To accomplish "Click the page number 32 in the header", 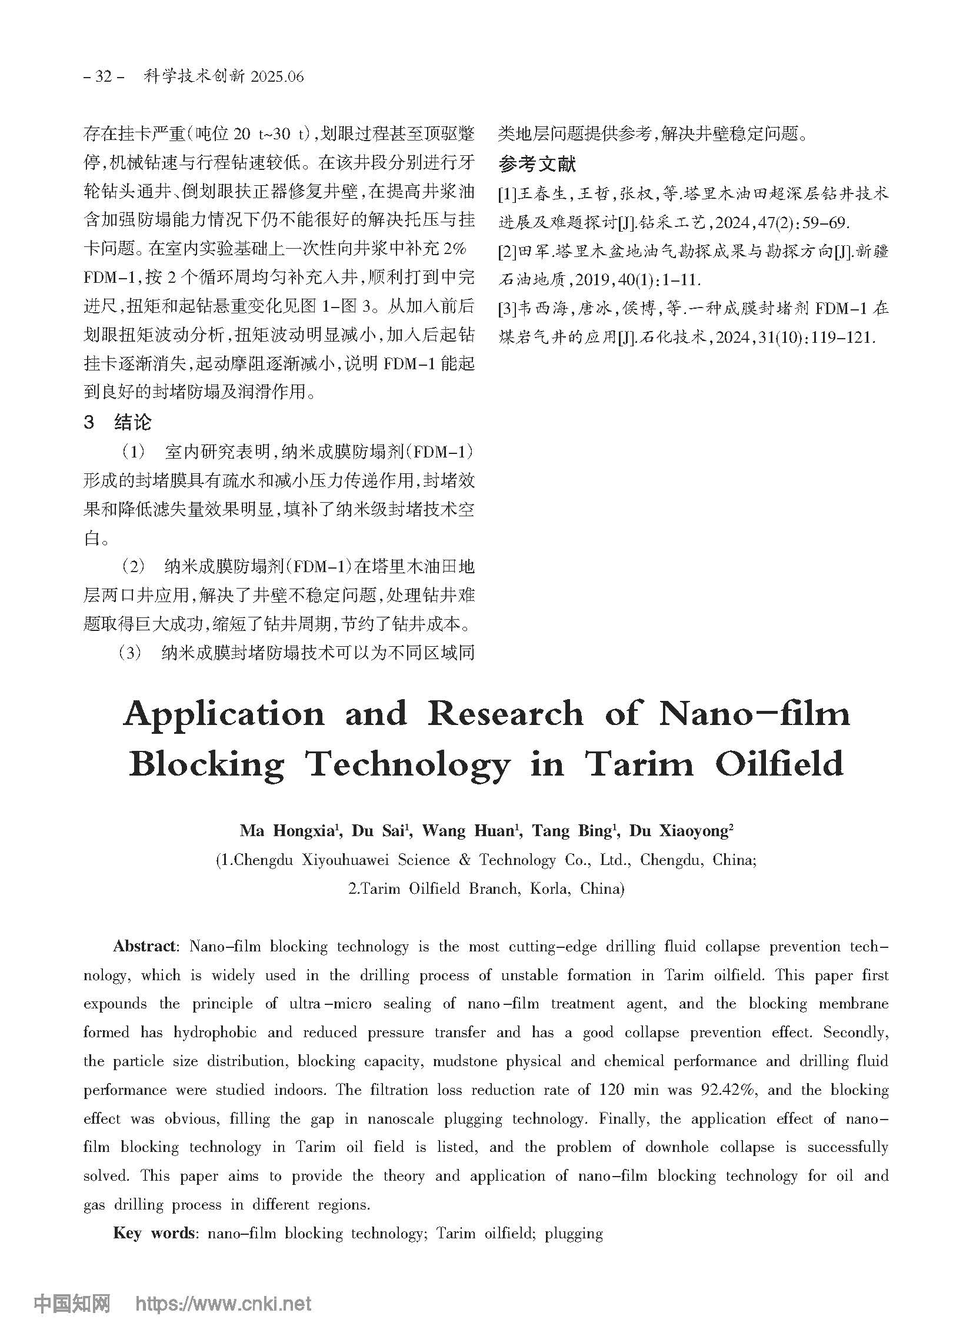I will pyautogui.click(x=104, y=77).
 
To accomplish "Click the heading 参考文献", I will pyautogui.click(x=537, y=164).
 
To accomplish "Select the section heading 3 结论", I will pyautogui.click(x=118, y=422).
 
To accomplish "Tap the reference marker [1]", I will pyautogui.click(x=508, y=194).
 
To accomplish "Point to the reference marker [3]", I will pyautogui.click(x=508, y=309).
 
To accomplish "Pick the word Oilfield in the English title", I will pyautogui.click(x=779, y=764).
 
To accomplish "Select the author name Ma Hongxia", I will pyautogui.click(x=288, y=831).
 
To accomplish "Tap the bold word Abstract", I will pyautogui.click(x=145, y=946).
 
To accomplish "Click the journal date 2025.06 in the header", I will pyautogui.click(x=277, y=77).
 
